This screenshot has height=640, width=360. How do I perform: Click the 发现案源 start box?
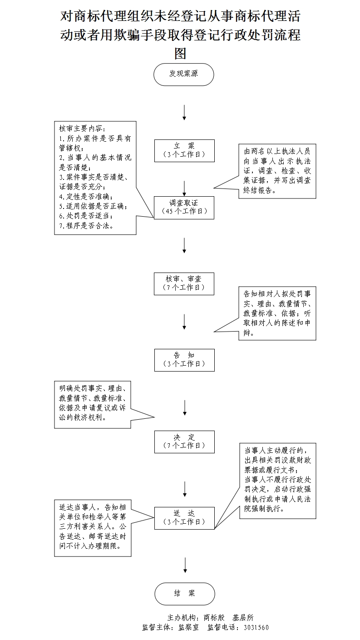coord(183,74)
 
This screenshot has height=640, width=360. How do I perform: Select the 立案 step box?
coord(184,150)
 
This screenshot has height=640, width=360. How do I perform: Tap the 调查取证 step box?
coord(184,207)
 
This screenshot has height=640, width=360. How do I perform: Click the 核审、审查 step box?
coord(184,283)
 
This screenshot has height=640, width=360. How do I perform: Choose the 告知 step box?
coord(184,360)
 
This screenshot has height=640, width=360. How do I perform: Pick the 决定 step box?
coord(184,442)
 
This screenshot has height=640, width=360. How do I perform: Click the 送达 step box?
coord(184,517)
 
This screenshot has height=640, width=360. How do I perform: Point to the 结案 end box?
coord(184,594)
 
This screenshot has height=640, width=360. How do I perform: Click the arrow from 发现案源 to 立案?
coord(184,112)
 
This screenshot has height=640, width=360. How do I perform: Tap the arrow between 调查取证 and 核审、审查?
coord(184,245)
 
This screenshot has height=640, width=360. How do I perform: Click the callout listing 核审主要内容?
coord(95,178)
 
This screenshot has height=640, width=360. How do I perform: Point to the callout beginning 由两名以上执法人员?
coord(277,171)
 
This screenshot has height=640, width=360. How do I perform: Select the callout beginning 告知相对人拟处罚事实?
coord(277,313)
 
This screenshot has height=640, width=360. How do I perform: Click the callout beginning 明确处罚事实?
coord(93,404)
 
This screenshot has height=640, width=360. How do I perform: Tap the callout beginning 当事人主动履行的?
coord(277,481)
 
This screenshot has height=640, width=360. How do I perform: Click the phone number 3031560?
coord(256,628)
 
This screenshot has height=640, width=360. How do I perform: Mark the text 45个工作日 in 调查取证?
coord(184,211)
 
